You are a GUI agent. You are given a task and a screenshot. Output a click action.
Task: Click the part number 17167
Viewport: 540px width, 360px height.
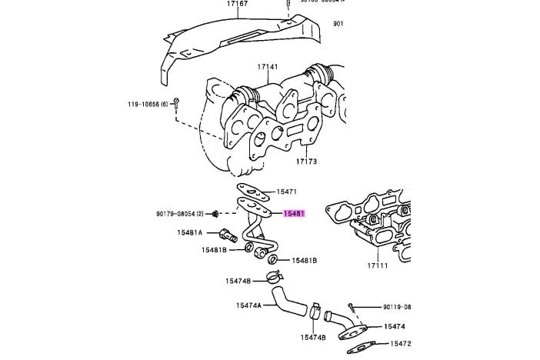238,5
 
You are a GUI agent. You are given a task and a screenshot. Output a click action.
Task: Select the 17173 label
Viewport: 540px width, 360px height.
305,162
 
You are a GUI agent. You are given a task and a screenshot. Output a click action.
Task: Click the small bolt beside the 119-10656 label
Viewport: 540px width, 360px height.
176,102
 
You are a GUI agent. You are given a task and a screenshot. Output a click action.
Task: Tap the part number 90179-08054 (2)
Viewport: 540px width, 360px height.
179,212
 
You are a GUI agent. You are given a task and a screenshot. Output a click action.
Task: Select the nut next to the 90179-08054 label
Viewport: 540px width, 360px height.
216,213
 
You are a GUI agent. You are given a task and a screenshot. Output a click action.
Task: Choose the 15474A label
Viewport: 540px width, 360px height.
248,305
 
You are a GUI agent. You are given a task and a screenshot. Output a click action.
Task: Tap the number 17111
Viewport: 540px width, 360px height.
378,266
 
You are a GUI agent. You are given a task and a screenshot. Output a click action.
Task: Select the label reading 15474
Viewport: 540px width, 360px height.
394,326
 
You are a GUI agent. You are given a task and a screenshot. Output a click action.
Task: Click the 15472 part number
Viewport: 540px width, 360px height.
400,344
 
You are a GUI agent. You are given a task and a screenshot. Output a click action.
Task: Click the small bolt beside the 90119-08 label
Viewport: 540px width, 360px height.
349,307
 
